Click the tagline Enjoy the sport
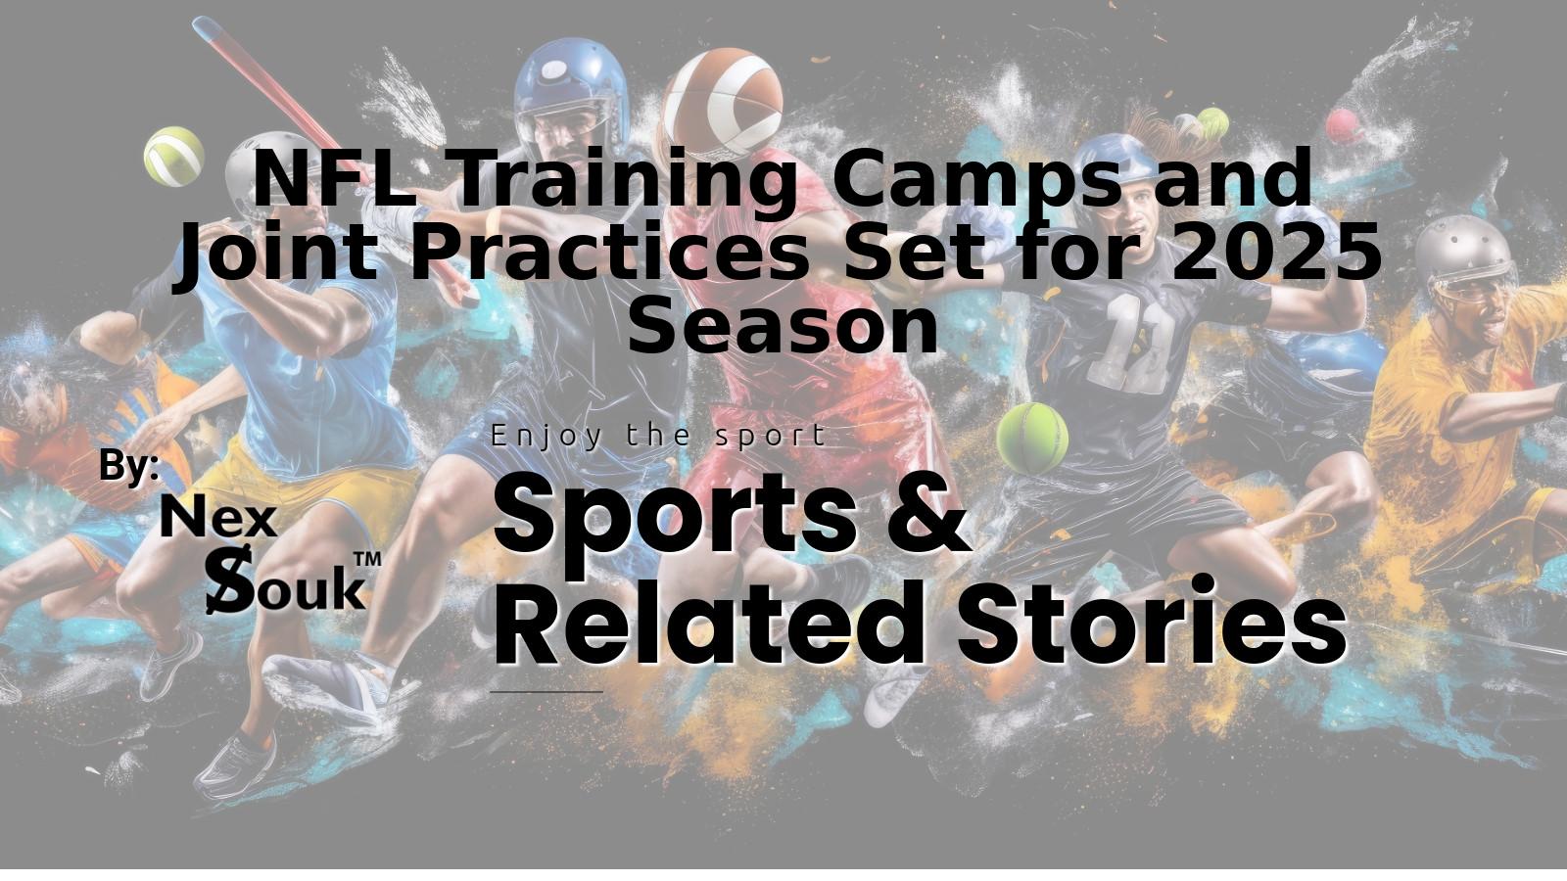pyautogui.click(x=658, y=437)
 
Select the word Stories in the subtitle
pyautogui.click(x=1152, y=621)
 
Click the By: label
pyautogui.click(x=129, y=465)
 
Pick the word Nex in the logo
pyautogui.click(x=219, y=517)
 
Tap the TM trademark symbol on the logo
pyautogui.click(x=367, y=559)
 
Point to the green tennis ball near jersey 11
pyautogui.click(x=1032, y=437)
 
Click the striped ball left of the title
pyautogui.click(x=173, y=156)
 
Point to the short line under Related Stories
pyautogui.click(x=546, y=691)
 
